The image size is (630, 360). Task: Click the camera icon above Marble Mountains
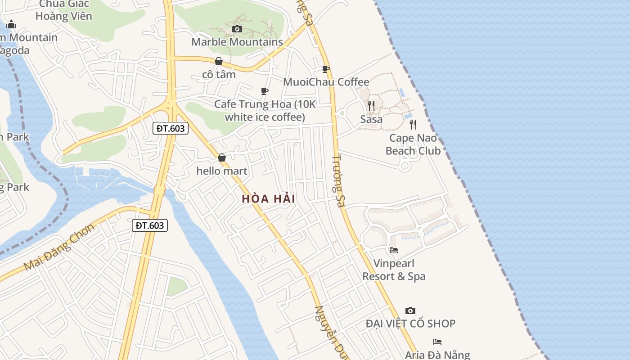[237, 29]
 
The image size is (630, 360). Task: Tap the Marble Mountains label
[237, 42]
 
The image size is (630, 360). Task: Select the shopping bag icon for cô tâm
[219, 61]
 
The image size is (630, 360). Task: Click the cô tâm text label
[219, 74]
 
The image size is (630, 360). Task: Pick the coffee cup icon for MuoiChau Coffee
[326, 69]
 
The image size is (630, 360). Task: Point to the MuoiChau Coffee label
[326, 82]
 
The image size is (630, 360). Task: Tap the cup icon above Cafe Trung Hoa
[265, 91]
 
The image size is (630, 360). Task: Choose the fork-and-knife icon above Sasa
[371, 106]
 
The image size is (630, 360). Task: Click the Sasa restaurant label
[371, 119]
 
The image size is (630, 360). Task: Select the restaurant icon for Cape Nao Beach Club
[413, 125]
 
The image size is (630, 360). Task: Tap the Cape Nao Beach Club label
[413, 144]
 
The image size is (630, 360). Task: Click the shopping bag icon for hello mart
[222, 157]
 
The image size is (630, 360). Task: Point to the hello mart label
[222, 171]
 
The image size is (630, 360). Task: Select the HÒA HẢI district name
[269, 198]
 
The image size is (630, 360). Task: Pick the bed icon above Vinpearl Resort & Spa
[394, 250]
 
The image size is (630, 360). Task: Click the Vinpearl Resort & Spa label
[394, 270]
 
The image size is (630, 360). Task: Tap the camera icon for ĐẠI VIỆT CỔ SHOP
[410, 310]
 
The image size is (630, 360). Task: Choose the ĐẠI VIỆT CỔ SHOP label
[410, 324]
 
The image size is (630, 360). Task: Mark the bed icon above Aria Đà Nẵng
[437, 342]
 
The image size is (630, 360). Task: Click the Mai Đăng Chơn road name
[59, 247]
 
